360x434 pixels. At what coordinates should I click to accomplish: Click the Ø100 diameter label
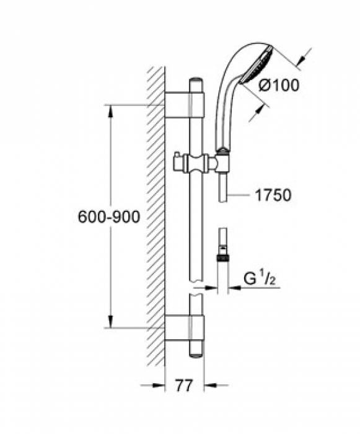coord(279,85)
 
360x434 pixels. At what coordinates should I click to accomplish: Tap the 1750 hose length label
coord(273,195)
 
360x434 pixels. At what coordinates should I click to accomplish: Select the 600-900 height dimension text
coord(109,217)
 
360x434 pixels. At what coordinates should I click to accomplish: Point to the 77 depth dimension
coord(184,385)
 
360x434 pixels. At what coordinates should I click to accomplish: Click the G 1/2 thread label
coord(260,279)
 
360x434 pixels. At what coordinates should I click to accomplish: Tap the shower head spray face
coord(257,65)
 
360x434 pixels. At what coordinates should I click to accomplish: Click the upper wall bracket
coord(184,104)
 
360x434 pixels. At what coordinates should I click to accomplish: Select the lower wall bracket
coord(184,327)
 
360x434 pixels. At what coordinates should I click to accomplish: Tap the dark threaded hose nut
coord(222,258)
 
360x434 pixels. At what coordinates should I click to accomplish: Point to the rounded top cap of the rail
coord(196,80)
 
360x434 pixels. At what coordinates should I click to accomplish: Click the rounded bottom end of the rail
coord(196,355)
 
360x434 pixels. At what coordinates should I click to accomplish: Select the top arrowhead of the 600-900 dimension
coord(111,112)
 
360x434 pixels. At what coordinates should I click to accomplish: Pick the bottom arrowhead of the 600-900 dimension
coord(111,321)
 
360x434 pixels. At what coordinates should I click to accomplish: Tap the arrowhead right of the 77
coord(211,385)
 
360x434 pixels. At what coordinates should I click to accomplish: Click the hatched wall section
coord(156,216)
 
